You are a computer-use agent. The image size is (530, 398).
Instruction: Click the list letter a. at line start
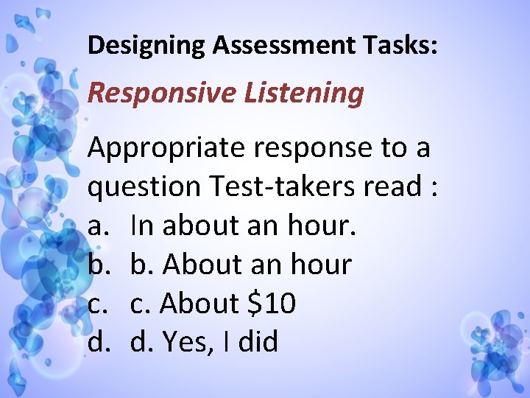click(x=98, y=226)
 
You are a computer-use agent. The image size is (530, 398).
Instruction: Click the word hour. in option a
click(x=325, y=226)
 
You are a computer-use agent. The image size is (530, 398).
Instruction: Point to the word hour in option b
click(x=320, y=265)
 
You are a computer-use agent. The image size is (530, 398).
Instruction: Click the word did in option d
click(x=257, y=341)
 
